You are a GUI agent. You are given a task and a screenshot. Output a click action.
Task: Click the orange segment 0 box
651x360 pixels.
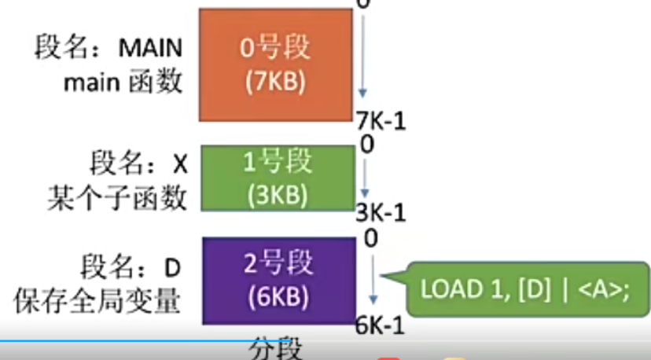274,64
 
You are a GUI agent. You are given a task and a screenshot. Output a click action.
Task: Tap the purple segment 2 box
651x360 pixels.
279,279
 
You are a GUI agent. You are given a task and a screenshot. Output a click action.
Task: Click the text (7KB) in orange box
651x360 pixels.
274,83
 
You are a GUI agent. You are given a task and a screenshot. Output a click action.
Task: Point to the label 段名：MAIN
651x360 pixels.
108,47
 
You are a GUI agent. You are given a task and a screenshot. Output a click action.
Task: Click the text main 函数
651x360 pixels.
123,82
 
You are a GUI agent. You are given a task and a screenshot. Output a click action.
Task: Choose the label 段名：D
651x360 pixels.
132,268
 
